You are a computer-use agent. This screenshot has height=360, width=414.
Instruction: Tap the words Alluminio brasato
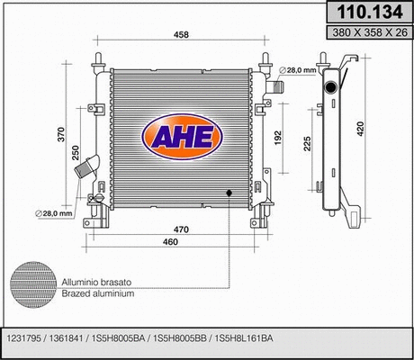(x=97, y=283)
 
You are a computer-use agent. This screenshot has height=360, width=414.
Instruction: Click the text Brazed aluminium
(x=98, y=294)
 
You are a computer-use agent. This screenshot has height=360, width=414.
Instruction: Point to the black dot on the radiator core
(x=229, y=193)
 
